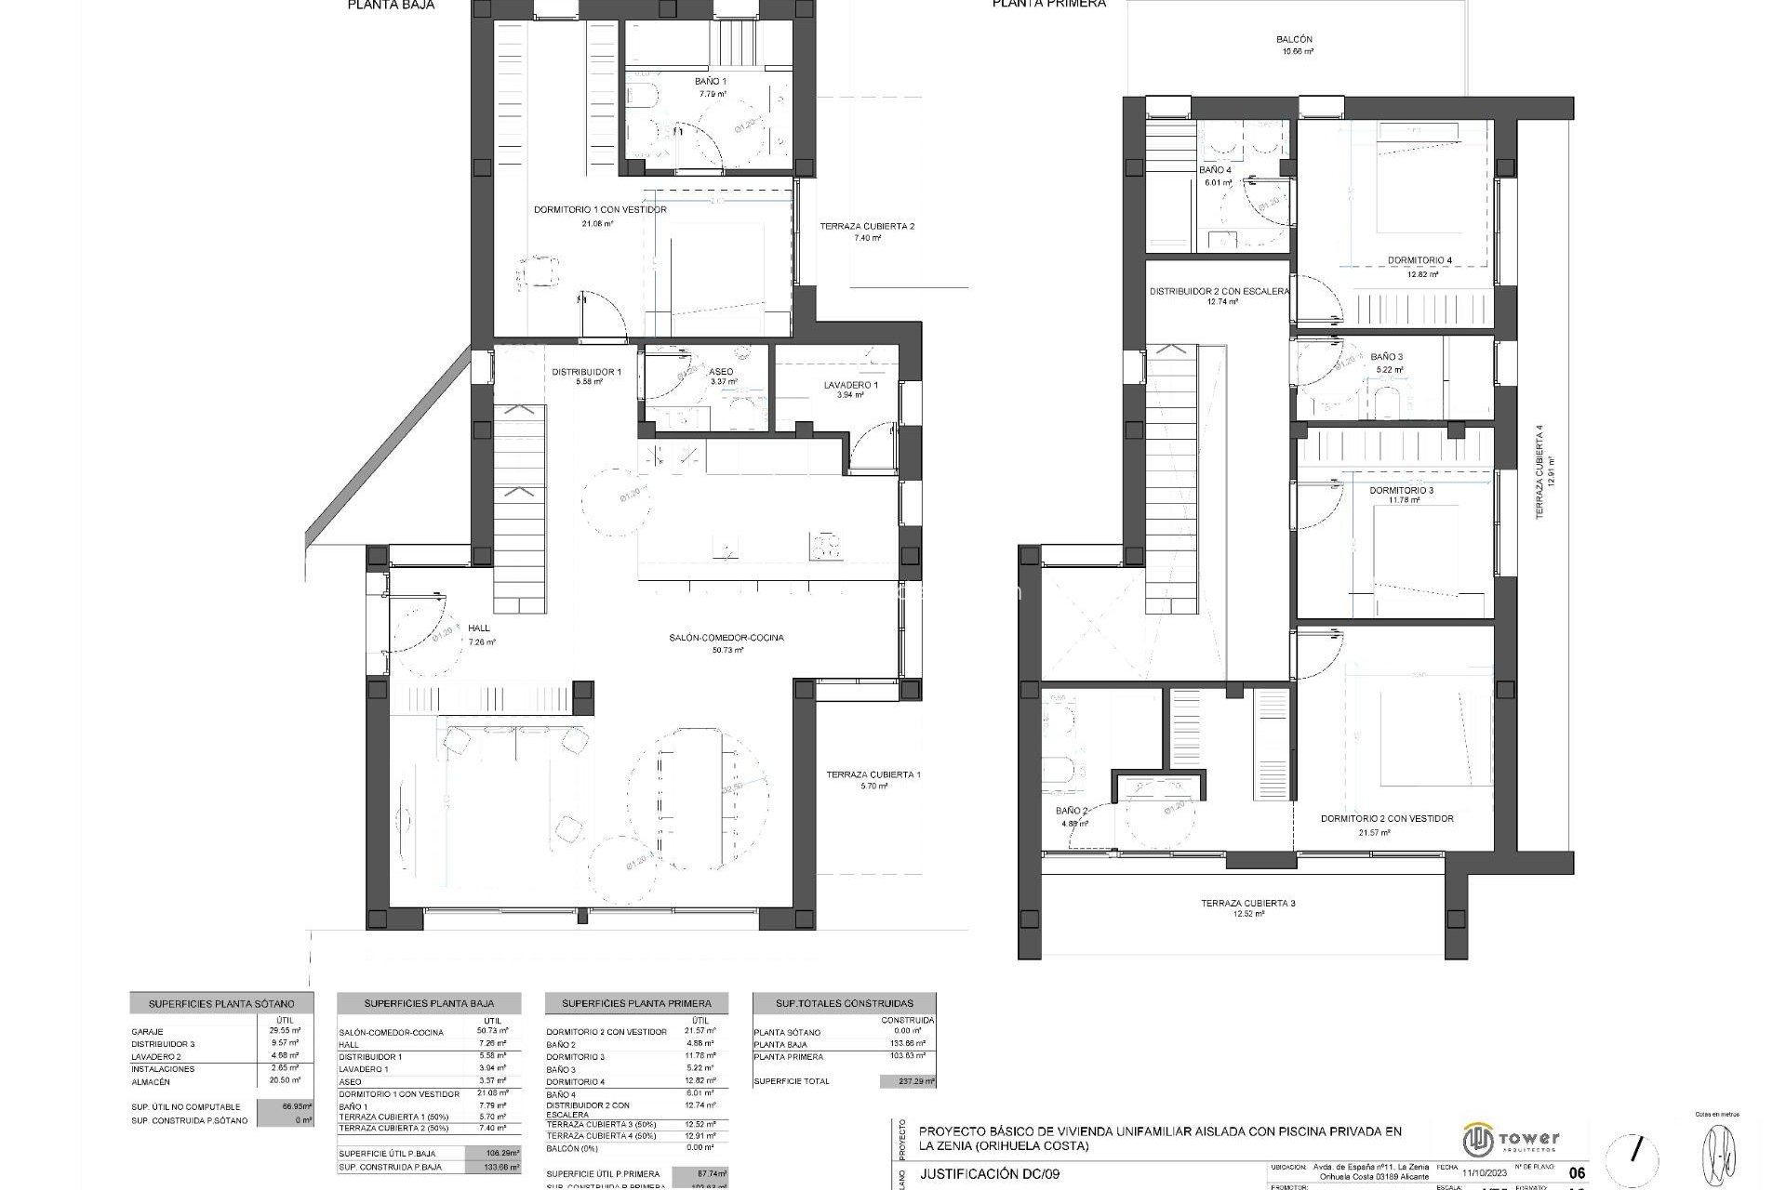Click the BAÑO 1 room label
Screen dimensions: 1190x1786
point(711,82)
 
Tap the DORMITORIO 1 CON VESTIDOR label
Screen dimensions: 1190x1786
point(600,210)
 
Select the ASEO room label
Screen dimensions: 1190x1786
point(721,372)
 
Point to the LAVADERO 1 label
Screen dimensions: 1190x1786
point(850,385)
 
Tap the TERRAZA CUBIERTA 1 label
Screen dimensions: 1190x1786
point(873,774)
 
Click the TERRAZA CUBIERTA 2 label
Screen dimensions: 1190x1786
point(867,226)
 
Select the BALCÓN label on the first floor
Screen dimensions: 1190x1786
point(1294,40)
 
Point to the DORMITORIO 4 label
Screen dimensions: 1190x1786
point(1419,260)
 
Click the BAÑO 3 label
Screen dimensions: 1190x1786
point(1386,357)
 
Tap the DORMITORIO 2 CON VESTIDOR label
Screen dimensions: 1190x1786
point(1387,819)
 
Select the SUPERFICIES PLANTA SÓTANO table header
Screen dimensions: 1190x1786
point(221,1004)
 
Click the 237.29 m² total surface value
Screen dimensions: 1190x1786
point(907,1081)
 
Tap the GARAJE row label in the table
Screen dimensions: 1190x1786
point(148,1032)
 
